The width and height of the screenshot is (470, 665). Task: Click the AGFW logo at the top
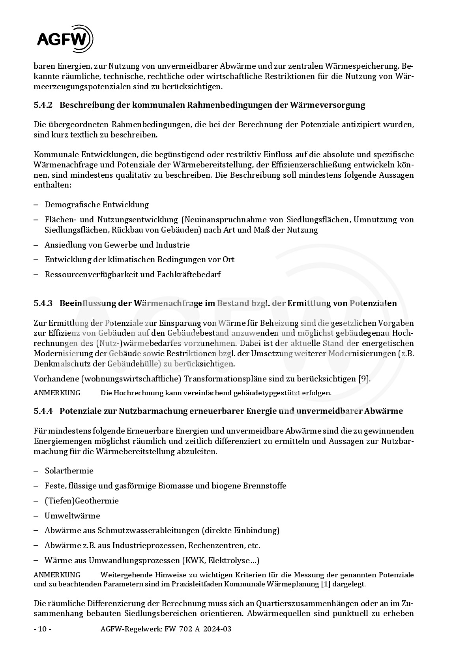[x=65, y=39]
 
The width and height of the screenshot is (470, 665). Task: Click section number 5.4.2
[x=43, y=105]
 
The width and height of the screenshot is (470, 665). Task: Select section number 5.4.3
[x=43, y=303]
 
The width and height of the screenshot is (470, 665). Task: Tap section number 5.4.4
[x=43, y=411]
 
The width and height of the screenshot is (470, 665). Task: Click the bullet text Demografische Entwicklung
[x=97, y=205]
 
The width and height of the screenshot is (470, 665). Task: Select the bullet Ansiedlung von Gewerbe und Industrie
[x=117, y=245]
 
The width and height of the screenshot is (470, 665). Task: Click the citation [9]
[x=363, y=379]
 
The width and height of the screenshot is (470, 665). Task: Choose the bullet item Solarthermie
[x=69, y=471]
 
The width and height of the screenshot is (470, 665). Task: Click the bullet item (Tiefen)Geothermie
[x=82, y=501]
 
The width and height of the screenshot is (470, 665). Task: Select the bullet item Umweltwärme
[x=72, y=516]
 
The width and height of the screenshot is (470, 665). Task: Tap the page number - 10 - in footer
[x=42, y=629]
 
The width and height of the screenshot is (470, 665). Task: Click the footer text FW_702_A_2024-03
[x=197, y=629]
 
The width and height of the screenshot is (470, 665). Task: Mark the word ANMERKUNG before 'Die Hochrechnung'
[x=57, y=393]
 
